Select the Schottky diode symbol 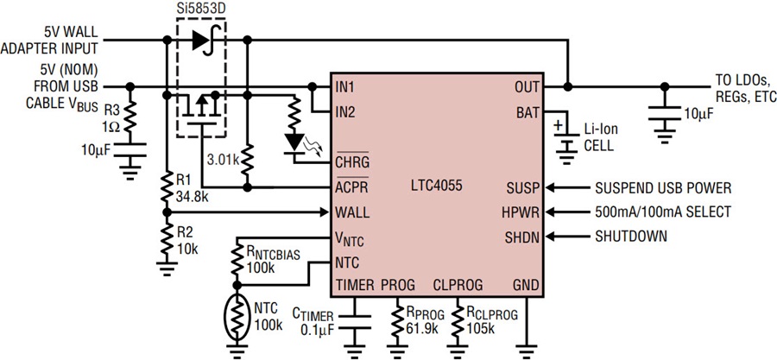204,40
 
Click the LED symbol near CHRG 296,143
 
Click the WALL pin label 352,213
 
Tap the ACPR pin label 352,187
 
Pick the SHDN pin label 522,237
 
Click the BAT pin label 528,112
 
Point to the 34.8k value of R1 192,197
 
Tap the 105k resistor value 481,329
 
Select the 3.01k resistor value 224,160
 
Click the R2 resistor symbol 167,237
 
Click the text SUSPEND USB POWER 663,188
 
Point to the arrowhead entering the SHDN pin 551,237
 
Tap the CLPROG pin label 458,285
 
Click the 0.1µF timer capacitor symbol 356,322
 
